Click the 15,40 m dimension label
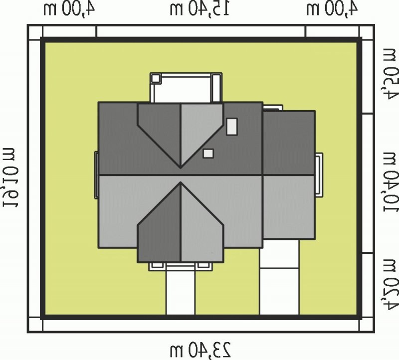199,9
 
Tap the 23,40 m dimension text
200,351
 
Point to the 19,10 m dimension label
10,178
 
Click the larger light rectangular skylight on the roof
232,127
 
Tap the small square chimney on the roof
208,154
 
